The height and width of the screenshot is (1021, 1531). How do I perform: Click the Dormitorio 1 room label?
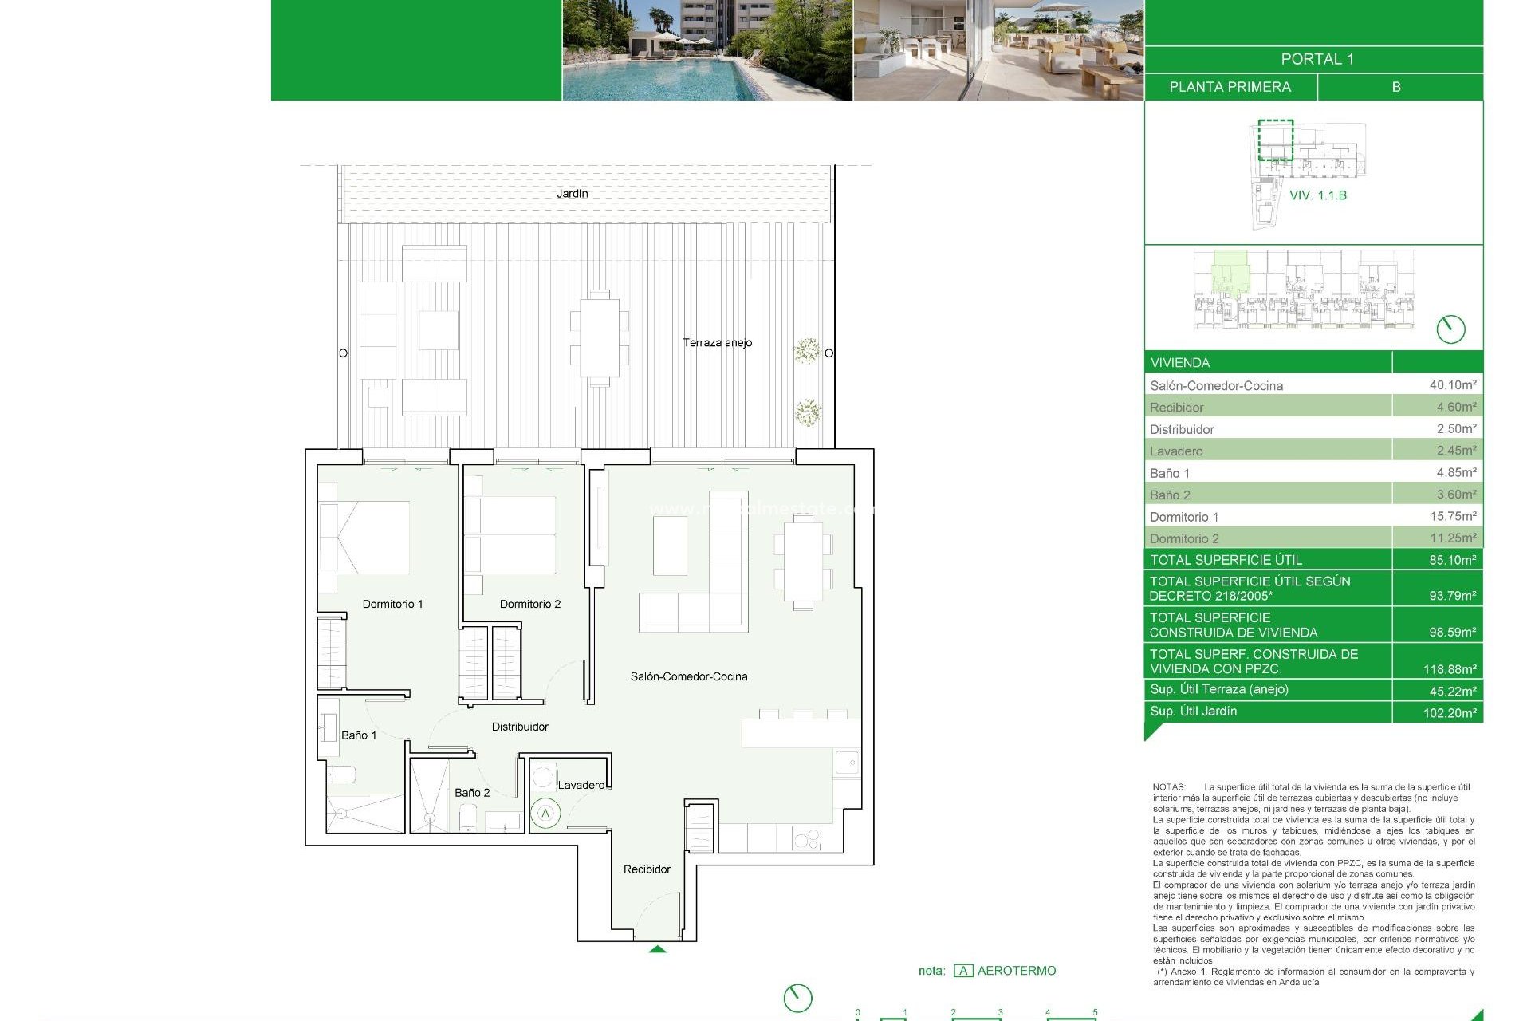pos(392,604)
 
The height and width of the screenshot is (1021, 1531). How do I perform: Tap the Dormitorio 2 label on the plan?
pos(529,604)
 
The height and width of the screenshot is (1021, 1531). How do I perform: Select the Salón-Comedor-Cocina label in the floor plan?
pos(689,676)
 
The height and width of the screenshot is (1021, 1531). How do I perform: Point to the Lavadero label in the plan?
pos(581,785)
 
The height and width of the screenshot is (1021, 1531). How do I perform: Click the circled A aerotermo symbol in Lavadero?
pos(545,814)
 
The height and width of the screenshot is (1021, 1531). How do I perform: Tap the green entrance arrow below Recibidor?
pos(657,949)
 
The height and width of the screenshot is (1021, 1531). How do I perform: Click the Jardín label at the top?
pos(572,194)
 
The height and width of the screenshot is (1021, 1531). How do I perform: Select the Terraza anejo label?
pos(717,342)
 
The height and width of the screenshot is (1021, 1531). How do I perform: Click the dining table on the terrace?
pos(600,337)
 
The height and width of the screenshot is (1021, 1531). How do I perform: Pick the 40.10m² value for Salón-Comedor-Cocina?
pos(1452,384)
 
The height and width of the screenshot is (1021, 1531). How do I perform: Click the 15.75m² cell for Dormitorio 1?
pos(1452,516)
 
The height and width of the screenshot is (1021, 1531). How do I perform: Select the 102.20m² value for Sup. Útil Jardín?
pos(1449,712)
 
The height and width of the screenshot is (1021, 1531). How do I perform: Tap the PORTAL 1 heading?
pos(1317,59)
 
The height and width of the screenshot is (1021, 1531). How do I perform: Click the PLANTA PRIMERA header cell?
pos(1230,87)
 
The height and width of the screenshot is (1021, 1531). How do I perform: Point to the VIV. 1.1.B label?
pos(1317,195)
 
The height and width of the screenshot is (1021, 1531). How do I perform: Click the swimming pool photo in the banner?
pos(706,49)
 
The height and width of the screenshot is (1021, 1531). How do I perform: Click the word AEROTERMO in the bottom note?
pos(1016,971)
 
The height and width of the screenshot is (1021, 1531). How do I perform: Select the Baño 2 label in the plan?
pos(472,792)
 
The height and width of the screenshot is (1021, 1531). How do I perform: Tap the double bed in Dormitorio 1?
pos(364,537)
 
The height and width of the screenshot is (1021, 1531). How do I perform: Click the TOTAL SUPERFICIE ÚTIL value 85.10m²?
pos(1451,560)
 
